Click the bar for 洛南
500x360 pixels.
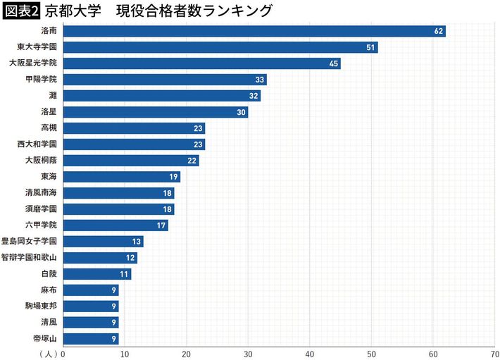(x=254, y=31)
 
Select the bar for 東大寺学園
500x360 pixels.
(x=220, y=47)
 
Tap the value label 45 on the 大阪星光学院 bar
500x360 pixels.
(x=334, y=63)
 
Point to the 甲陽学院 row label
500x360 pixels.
(x=44, y=80)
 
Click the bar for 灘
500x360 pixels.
(x=161, y=96)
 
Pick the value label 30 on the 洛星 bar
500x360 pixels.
(x=241, y=112)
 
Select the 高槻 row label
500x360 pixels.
(x=49, y=128)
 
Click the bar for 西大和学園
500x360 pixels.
(x=134, y=144)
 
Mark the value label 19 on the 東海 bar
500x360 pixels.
(x=173, y=177)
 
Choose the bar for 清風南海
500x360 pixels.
(x=118, y=193)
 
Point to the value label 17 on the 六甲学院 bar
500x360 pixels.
(x=161, y=225)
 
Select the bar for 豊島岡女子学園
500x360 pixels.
(x=103, y=242)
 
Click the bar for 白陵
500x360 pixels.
(x=96, y=274)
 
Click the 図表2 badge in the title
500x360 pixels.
(x=20, y=11)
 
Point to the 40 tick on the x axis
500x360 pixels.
(x=310, y=354)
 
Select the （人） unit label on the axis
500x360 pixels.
(x=49, y=354)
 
